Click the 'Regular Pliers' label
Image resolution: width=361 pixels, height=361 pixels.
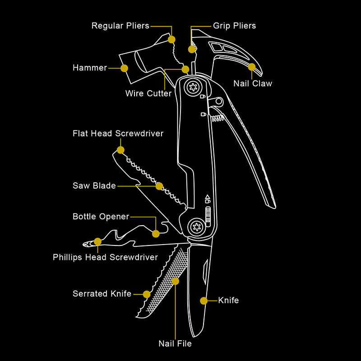point(120,26)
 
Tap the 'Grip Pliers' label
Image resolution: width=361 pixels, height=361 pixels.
point(234,26)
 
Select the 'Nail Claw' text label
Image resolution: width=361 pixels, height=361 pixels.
point(253,83)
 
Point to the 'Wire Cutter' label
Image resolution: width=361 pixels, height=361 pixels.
point(148,93)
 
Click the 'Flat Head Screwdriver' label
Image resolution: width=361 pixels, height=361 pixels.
point(118,133)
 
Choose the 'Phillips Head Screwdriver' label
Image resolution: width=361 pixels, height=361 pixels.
point(105,257)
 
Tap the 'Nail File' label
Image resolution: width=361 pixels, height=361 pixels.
point(175,343)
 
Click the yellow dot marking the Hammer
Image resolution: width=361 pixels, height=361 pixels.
point(125,68)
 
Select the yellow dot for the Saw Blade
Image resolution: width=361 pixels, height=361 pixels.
point(159,186)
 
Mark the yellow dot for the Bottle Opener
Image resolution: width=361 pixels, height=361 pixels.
point(156,234)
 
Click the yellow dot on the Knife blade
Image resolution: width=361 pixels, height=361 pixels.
point(204,301)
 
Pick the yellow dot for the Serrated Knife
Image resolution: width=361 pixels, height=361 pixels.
point(147,294)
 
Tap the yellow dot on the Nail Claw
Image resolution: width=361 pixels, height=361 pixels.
point(252,67)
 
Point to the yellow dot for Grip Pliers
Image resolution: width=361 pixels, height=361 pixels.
point(192,49)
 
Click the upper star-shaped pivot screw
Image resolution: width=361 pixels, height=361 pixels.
point(193,87)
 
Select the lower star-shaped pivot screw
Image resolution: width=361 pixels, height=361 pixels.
point(197,227)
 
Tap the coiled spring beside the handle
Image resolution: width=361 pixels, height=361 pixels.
point(218,118)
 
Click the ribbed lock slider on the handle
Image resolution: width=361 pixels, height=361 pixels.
point(208,217)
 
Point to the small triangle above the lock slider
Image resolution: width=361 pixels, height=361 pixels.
point(208,197)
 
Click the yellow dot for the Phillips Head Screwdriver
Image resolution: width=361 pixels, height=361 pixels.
point(97,241)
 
